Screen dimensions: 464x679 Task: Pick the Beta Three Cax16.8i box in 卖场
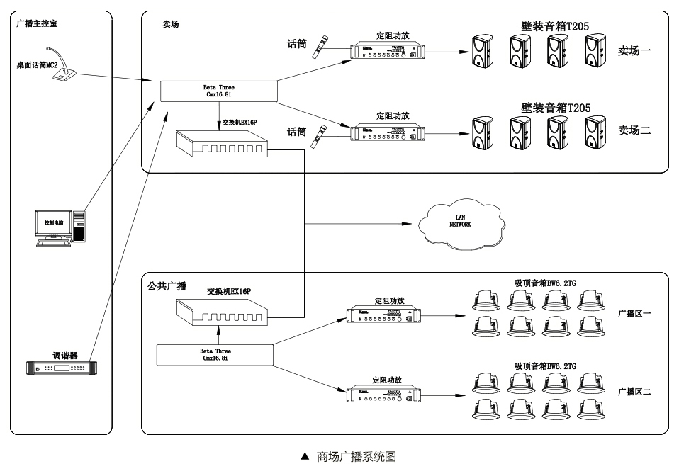point(218,91)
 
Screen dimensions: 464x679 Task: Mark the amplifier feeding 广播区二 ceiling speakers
point(385,395)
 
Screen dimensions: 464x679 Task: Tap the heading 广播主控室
point(38,23)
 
